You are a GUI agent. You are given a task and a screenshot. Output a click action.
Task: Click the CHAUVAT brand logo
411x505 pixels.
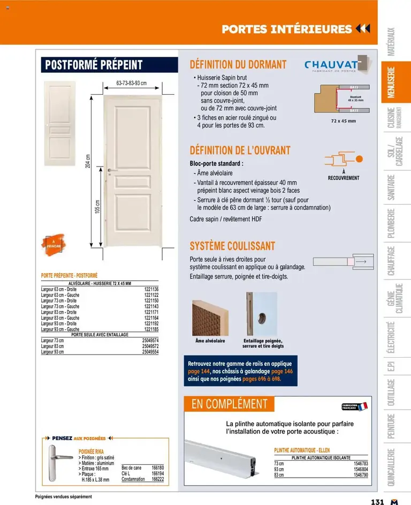tap(332, 65)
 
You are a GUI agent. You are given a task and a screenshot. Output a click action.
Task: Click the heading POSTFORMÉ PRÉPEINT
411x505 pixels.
tap(94, 65)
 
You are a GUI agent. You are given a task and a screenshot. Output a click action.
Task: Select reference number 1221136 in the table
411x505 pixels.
tap(151, 289)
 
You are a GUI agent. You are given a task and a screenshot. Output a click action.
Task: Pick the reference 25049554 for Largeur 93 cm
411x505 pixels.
tap(150, 352)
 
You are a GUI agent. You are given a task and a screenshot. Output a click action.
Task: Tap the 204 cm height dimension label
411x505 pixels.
tap(88, 161)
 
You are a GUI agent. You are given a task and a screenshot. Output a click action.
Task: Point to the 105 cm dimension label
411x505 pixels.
tap(97, 206)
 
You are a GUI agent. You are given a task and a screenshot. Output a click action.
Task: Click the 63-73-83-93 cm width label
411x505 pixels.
tap(131, 84)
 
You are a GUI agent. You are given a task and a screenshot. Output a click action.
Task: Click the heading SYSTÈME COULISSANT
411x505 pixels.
tap(232, 246)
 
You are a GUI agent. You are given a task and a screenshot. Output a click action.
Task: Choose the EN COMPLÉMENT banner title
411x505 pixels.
tap(229, 404)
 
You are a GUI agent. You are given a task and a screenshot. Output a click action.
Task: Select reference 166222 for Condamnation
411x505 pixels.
tap(157, 479)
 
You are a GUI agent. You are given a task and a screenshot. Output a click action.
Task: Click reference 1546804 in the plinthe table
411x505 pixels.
tap(361, 469)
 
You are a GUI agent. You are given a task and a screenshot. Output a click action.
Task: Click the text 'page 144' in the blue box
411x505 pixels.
tap(198, 371)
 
